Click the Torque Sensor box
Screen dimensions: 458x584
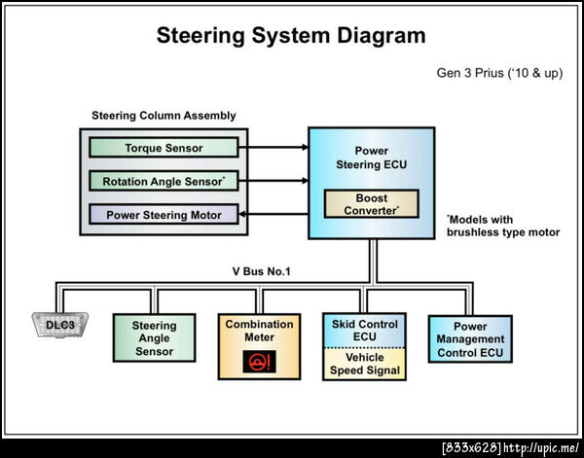pos(163,148)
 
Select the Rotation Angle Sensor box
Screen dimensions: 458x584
pos(163,181)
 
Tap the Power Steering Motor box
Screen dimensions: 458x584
pos(163,214)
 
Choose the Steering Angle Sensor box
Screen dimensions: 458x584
pos(154,338)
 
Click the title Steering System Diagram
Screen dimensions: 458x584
pos(291,36)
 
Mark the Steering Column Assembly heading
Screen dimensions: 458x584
pos(164,116)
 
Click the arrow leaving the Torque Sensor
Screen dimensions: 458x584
pos(274,148)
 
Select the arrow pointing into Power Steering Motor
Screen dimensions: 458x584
pos(274,214)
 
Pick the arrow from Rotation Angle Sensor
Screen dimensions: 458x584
pos(274,181)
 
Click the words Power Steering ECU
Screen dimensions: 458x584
pos(371,158)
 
